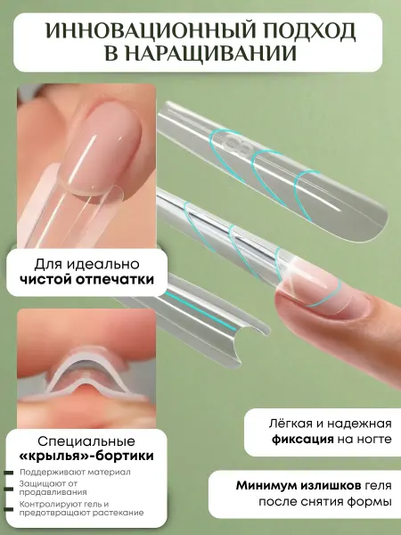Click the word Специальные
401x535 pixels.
[86, 441]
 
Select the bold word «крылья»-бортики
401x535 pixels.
[86, 457]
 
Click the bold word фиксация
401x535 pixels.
[302, 439]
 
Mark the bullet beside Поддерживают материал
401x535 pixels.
[9, 473]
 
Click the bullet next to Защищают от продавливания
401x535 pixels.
[9, 489]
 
